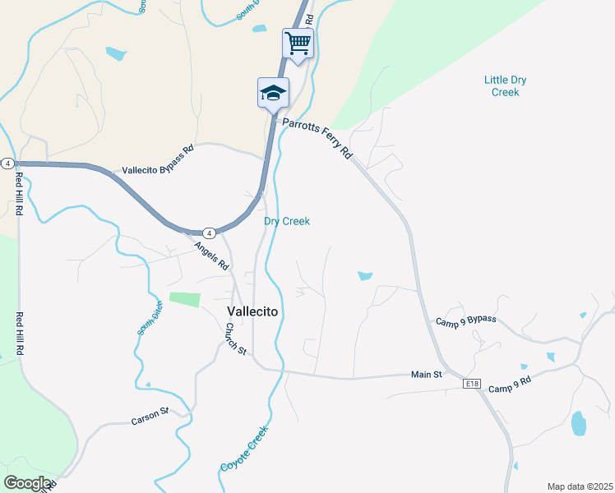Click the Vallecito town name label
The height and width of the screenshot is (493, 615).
[252, 312]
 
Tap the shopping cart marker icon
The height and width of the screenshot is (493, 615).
[298, 42]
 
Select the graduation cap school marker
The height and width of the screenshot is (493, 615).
[273, 92]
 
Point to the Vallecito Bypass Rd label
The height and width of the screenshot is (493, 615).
[158, 160]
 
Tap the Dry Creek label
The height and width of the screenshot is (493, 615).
[287, 221]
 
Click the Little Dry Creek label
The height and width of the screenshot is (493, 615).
[506, 86]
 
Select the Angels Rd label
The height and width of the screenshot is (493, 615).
[211, 256]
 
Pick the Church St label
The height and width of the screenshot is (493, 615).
[236, 339]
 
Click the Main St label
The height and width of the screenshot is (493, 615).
[427, 375]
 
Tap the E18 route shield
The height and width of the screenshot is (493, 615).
[471, 384]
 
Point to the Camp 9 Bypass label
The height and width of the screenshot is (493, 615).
[466, 320]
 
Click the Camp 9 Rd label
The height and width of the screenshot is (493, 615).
[511, 384]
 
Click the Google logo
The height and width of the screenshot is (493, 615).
[28, 483]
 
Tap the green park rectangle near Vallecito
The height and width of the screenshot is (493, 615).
[184, 300]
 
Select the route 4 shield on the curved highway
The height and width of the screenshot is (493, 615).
[209, 233]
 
